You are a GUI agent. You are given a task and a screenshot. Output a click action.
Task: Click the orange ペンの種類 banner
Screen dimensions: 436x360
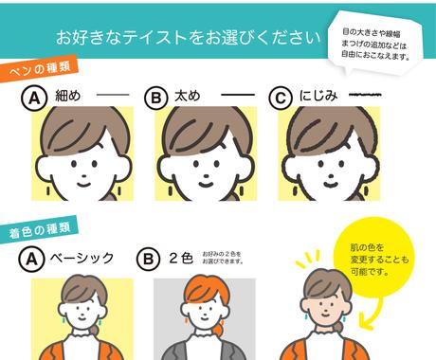coord(39,68)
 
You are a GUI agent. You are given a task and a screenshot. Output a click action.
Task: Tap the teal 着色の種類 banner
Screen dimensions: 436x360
coord(39,229)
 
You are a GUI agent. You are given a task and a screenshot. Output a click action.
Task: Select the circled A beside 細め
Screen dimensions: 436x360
coord(34,98)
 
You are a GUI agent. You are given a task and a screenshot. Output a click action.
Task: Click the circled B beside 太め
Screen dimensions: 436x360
coord(156,98)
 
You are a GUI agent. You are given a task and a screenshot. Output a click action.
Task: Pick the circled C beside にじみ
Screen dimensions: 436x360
coord(281,98)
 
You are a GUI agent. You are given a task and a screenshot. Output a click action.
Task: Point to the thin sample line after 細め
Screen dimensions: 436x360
coord(113,95)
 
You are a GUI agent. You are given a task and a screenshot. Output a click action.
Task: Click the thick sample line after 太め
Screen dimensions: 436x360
coord(238,95)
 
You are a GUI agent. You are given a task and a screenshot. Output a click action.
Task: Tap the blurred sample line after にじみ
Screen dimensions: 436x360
coord(365,95)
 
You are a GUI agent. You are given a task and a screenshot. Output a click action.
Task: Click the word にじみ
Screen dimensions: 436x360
coord(318,96)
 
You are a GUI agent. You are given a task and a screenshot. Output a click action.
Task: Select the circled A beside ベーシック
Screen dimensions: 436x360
coord(31,260)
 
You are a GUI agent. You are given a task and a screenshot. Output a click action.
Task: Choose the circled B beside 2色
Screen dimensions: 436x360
coord(149,260)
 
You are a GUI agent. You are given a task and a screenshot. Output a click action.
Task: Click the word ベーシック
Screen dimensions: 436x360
coord(82,258)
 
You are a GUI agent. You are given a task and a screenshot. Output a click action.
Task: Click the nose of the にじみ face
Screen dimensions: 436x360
coord(332,175)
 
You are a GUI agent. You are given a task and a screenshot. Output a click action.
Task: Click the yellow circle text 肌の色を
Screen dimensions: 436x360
coord(367,247)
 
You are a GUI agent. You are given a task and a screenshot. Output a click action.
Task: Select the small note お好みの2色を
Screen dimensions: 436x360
coord(222,254)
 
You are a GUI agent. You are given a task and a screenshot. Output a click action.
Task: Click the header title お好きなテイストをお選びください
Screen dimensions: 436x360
coord(189,37)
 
